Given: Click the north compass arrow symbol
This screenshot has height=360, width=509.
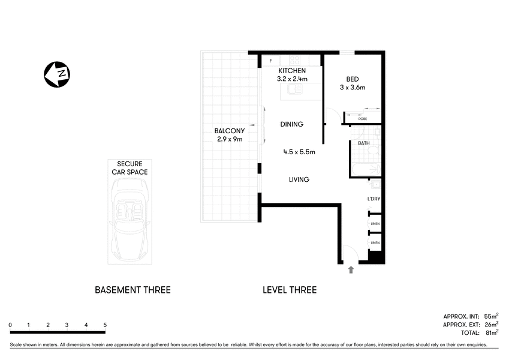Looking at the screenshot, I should tap(57, 74).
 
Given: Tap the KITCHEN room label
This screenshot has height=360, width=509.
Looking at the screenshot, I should tap(291, 71).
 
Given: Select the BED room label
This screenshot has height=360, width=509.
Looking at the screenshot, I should tap(353, 79).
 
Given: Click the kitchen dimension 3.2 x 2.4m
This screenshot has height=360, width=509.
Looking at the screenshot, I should tap(291, 79).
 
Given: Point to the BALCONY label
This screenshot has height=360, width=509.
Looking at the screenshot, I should tap(229, 131).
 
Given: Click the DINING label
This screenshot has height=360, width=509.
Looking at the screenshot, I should tap(292, 124).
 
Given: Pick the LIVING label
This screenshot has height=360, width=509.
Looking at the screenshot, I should tap(298, 179).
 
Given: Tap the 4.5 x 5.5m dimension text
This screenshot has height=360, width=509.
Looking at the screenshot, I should tap(299, 152).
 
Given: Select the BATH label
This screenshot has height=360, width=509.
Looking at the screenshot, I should tap(363, 143).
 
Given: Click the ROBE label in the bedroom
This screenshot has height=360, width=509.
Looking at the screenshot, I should tap(362, 119).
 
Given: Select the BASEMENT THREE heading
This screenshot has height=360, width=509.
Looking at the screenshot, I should tap(132, 290).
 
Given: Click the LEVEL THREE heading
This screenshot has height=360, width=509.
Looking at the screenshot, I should tap(290, 290).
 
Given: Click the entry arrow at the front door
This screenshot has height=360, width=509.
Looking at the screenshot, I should tap(350, 270).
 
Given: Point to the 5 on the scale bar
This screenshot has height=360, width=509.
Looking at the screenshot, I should tap(105, 325).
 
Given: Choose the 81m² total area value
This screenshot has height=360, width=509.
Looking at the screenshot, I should tap(490, 332).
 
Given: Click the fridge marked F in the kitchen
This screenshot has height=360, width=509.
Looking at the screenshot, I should tap(271, 61).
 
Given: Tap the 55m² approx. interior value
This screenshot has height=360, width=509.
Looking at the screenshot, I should tap(490, 316).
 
